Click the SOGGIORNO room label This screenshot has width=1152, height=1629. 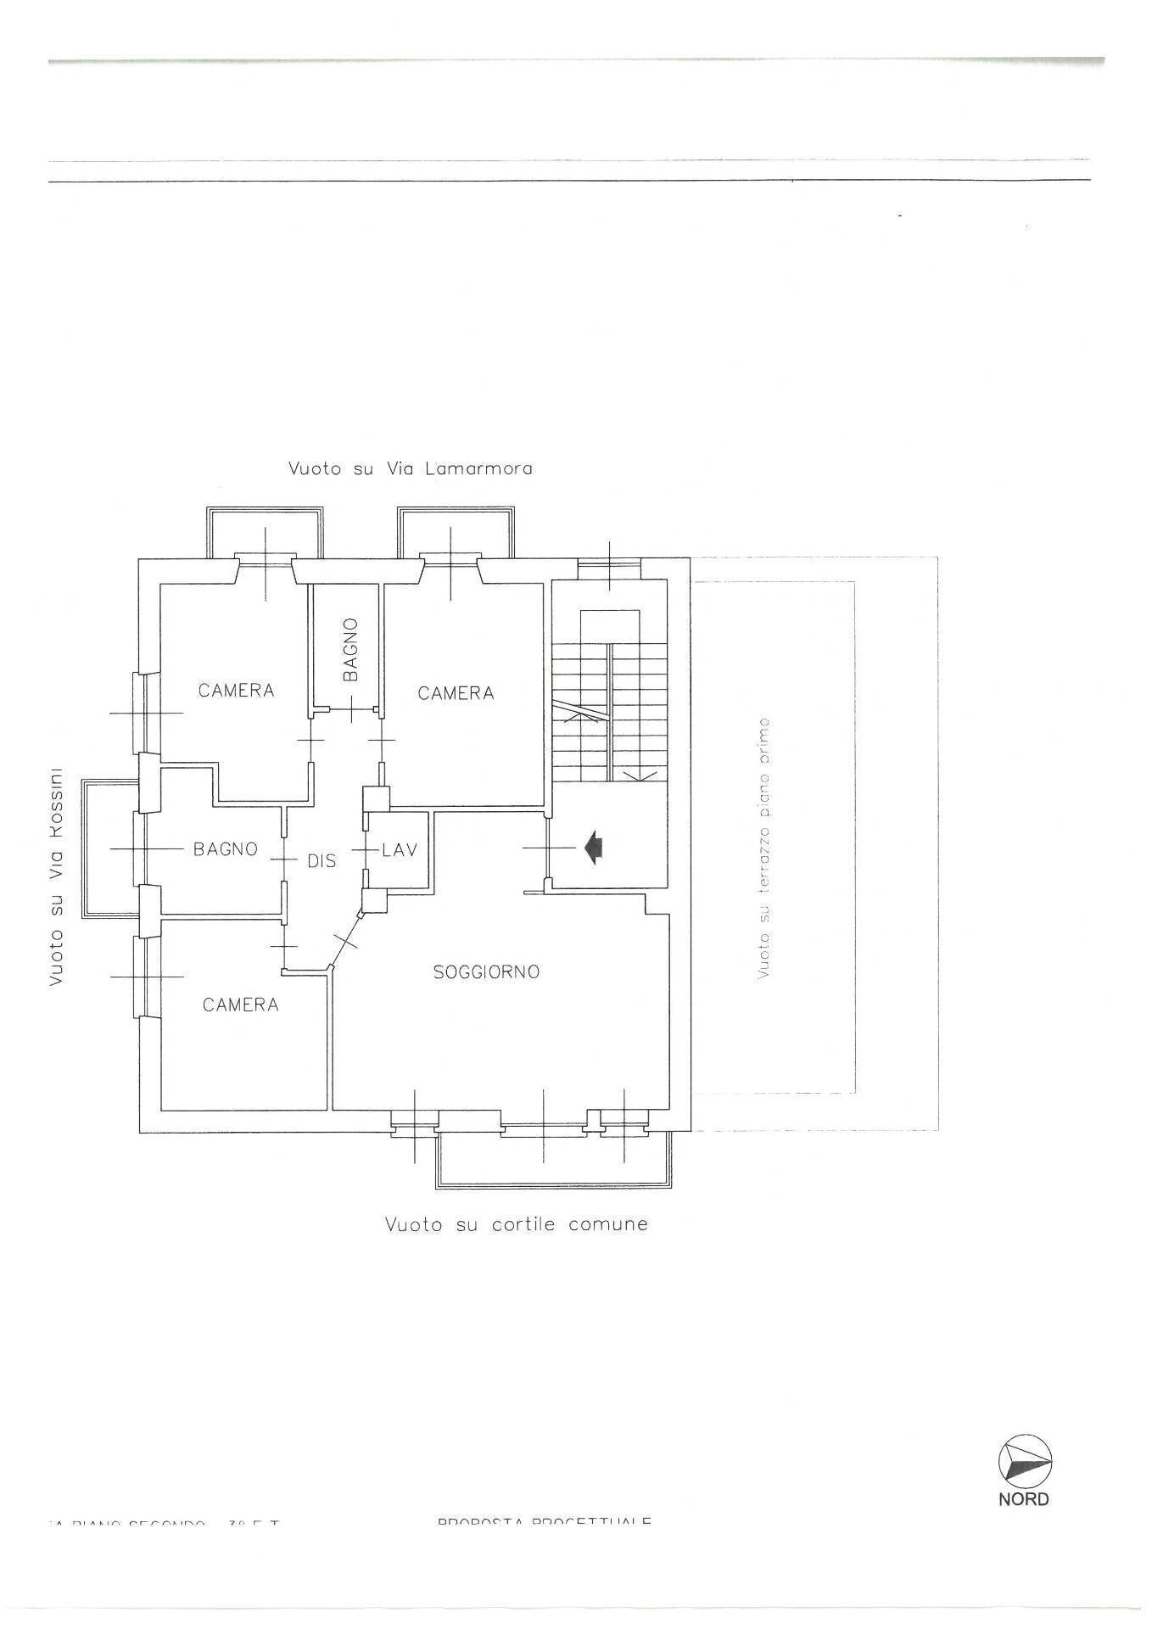pos(486,972)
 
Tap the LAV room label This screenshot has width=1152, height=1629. pos(400,849)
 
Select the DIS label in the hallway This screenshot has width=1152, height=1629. pos(322,861)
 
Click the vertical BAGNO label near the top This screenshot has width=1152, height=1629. pos(350,649)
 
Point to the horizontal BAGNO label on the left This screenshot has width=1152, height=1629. pos(226,848)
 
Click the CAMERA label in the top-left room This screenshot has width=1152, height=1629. pos(237,691)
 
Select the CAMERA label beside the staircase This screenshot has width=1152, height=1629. pos(456,694)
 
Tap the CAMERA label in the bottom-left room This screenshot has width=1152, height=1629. pos(241,1005)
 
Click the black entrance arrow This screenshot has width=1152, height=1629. pos(594,848)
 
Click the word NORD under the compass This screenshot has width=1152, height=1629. pos(1023,1499)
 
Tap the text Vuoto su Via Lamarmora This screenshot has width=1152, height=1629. pos(411,468)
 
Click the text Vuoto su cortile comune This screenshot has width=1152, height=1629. pos(516,1224)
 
